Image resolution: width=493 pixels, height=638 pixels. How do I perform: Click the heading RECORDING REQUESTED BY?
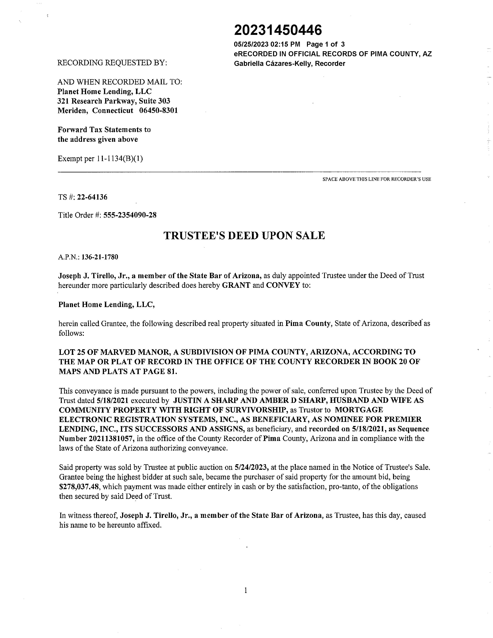pos(112,63)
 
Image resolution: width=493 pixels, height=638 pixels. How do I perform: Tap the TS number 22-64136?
pos(92,197)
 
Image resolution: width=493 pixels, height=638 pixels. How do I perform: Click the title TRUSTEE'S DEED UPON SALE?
pos(244,235)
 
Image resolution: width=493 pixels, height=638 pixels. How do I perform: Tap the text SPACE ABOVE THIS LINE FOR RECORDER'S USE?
pos(376,179)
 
